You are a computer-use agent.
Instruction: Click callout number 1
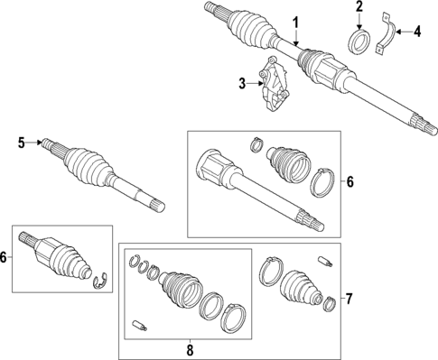pyautogui.click(x=294, y=21)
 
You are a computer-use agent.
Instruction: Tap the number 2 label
pyautogui.click(x=359, y=7)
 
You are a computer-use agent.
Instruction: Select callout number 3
pyautogui.click(x=242, y=84)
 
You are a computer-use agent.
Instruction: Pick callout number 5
pyautogui.click(x=21, y=142)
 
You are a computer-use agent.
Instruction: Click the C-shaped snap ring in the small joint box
pyautogui.click(x=102, y=286)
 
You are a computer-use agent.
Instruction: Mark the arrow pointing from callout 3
pyautogui.click(x=255, y=84)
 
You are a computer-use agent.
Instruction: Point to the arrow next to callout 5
pyautogui.click(x=33, y=142)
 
